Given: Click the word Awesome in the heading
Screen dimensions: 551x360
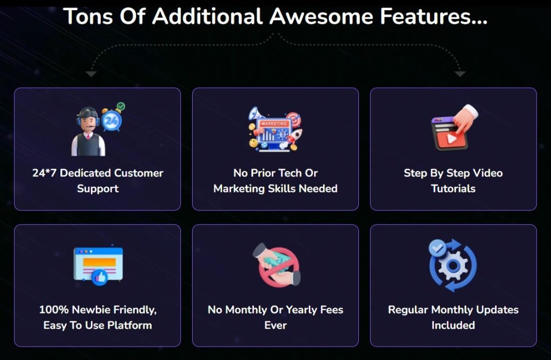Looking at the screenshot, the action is [x=321, y=17].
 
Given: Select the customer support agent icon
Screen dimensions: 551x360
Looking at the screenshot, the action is [x=88, y=131].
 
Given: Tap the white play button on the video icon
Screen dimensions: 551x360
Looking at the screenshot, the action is [x=452, y=138].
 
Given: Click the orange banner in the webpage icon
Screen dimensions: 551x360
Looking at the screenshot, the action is [x=100, y=262].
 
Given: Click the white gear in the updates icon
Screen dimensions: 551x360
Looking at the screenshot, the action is [x=453, y=266].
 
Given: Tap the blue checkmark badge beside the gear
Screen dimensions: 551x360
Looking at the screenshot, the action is [x=437, y=248].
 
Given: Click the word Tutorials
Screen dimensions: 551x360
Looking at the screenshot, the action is [x=453, y=189].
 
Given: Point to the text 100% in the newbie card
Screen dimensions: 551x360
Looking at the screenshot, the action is [x=54, y=310].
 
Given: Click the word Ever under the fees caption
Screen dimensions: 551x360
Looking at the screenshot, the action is [x=275, y=325].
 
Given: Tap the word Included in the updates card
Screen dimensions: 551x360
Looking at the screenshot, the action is [x=453, y=325].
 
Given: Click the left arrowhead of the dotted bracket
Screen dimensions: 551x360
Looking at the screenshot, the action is [x=91, y=74].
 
